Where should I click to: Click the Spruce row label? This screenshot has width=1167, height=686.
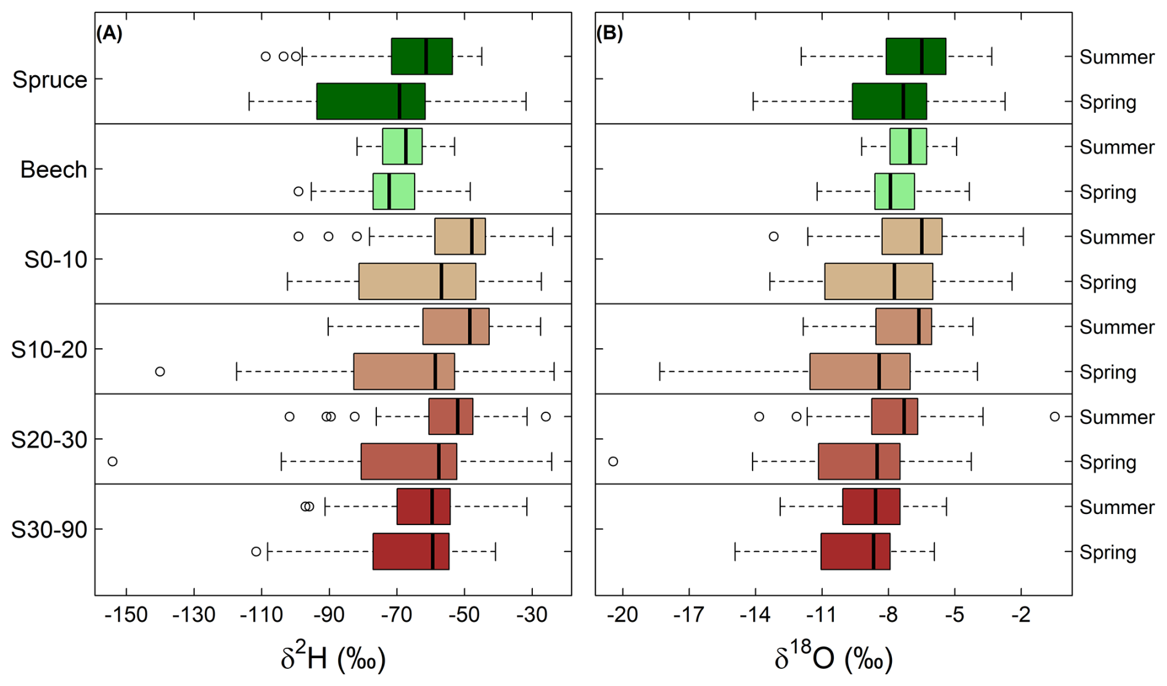[x=50, y=80]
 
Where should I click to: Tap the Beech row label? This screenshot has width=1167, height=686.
[x=54, y=169]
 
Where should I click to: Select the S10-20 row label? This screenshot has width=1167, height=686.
[x=49, y=349]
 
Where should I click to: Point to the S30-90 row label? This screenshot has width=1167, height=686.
[x=49, y=529]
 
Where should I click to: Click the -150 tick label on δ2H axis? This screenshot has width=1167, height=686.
[x=126, y=615]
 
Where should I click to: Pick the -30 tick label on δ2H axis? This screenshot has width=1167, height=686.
[x=532, y=615]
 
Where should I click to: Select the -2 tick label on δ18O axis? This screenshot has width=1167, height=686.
[x=1021, y=615]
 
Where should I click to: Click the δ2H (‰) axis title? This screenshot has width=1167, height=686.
[x=333, y=658]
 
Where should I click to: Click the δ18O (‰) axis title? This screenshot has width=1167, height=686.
[x=833, y=658]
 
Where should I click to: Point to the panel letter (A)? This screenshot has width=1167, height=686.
[x=109, y=33]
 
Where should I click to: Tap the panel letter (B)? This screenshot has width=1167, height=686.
[x=609, y=33]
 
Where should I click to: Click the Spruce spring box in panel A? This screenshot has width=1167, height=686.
[x=371, y=101]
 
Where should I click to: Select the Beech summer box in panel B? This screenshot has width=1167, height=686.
[x=908, y=146]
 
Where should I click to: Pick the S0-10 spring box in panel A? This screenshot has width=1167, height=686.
[x=417, y=281]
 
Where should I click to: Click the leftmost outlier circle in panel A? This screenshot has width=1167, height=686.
[x=112, y=461]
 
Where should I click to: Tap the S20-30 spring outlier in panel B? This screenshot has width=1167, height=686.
[x=613, y=461]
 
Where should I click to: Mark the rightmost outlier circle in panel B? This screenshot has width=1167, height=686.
[x=1055, y=417]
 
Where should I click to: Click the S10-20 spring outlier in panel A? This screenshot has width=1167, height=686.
[x=160, y=372]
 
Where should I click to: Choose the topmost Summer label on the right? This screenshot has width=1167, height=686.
[x=1116, y=57]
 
